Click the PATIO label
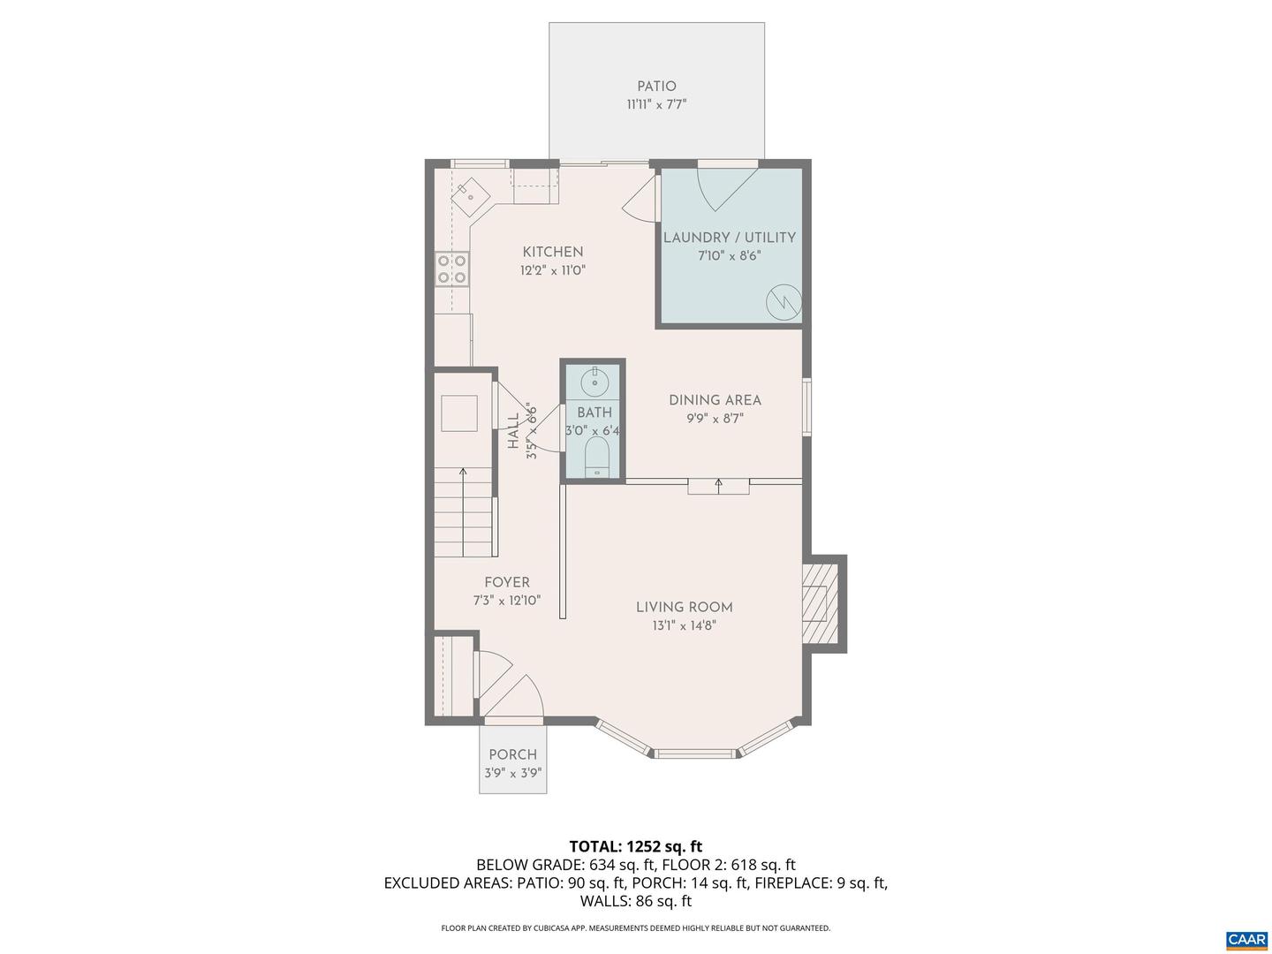(656, 87)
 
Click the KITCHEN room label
(553, 252)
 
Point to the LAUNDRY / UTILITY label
(730, 238)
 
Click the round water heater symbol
(784, 302)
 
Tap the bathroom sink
(595, 382)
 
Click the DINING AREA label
(715, 400)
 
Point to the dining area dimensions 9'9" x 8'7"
(715, 419)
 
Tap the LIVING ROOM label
(685, 607)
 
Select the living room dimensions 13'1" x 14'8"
(685, 626)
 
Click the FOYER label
(507, 582)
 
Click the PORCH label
(513, 754)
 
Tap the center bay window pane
(694, 753)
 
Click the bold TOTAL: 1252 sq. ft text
(636, 846)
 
